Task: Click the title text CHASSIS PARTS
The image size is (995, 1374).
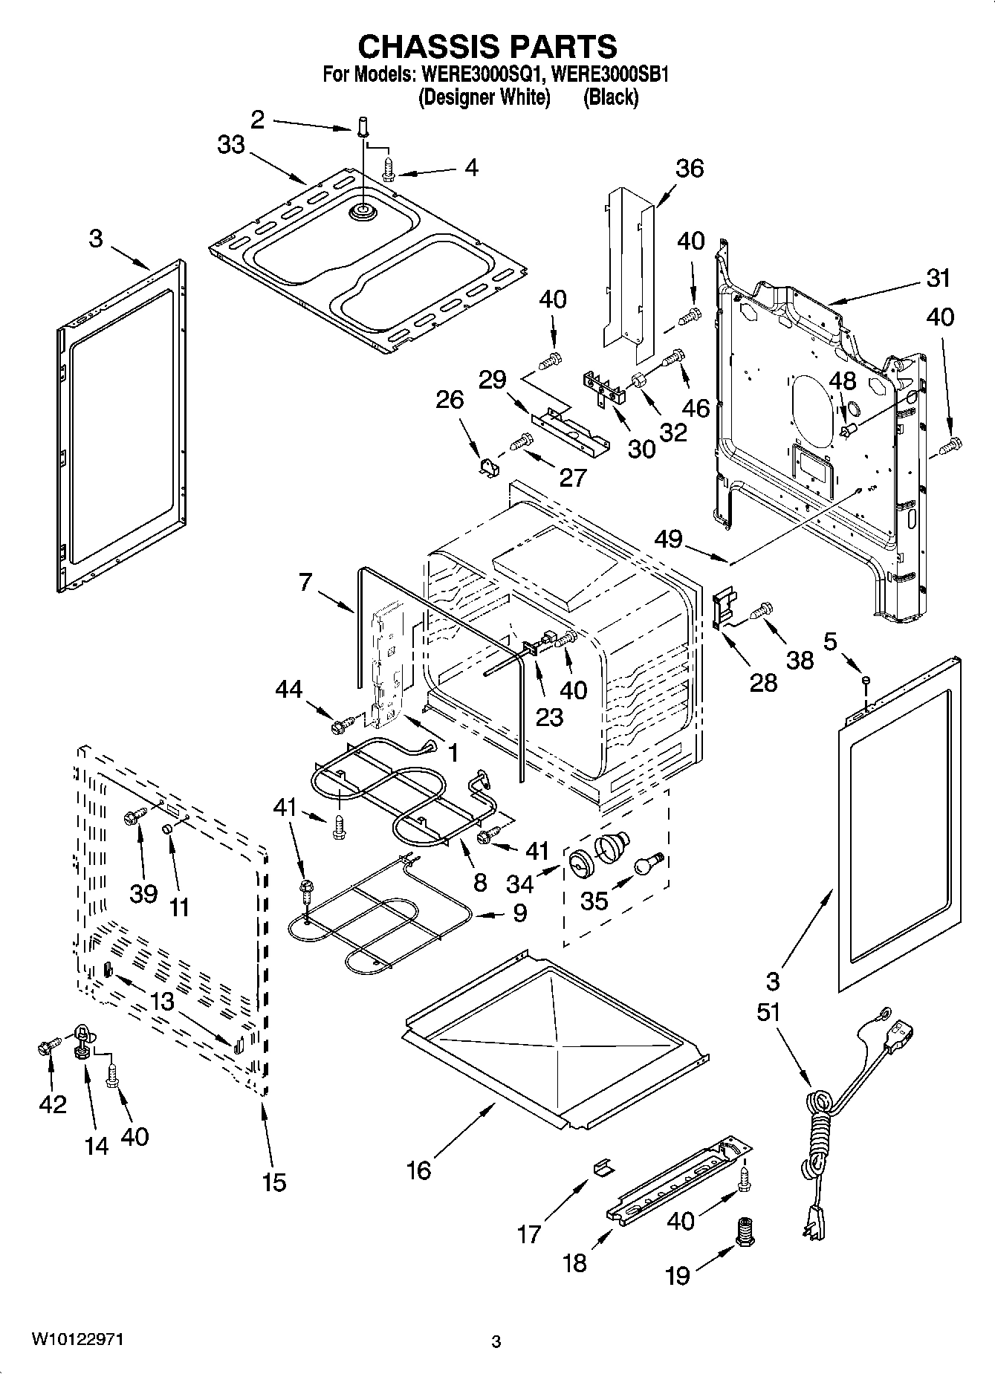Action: click(487, 47)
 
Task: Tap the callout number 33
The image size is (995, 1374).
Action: click(231, 144)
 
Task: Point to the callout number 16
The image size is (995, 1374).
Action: click(418, 1170)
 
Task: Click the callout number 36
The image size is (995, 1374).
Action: click(689, 169)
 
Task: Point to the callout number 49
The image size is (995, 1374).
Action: click(668, 538)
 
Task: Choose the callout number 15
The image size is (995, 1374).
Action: click(273, 1182)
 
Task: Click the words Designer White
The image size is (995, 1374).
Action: click(484, 97)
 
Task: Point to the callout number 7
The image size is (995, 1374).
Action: click(305, 581)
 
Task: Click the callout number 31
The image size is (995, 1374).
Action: click(939, 278)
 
